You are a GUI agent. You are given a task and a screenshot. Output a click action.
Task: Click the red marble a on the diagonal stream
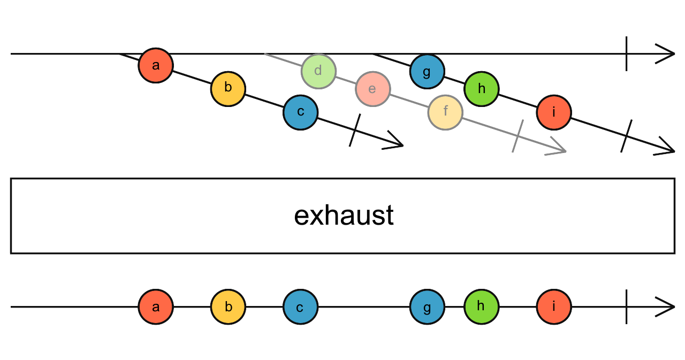point(156,65)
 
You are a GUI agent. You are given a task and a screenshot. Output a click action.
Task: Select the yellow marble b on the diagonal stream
point(228,88)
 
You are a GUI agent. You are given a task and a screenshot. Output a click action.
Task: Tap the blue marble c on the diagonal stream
point(300,112)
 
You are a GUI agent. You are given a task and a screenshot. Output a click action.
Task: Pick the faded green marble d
point(318,71)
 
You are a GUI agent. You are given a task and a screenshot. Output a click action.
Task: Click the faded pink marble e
point(372,89)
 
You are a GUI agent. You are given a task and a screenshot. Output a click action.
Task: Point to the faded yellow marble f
point(445,112)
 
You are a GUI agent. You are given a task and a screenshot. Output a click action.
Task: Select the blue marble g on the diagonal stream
point(427,71)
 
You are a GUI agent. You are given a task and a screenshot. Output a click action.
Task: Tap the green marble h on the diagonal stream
point(481,89)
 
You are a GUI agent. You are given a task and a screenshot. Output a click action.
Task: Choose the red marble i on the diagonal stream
point(554,112)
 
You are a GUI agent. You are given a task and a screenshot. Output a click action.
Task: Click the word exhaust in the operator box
point(344,216)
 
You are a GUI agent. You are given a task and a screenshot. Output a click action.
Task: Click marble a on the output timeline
point(156,307)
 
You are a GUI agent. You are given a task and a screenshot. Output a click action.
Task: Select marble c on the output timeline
point(300,307)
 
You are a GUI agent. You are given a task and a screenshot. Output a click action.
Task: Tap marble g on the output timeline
point(427,307)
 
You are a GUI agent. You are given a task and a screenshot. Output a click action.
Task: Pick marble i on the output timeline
point(554,307)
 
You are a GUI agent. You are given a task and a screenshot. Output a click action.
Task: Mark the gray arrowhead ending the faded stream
point(559,149)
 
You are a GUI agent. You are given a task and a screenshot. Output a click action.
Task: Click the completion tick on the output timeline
point(627,307)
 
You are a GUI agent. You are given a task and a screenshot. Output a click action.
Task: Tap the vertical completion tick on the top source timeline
point(627,54)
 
